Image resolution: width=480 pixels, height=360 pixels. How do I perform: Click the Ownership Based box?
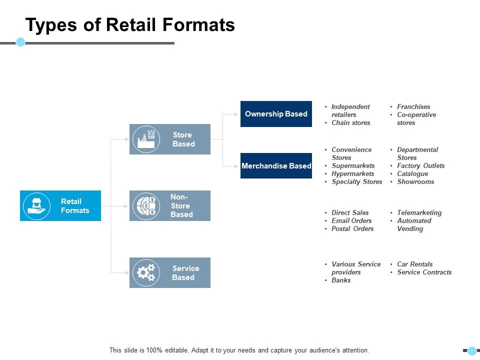[x=276, y=114]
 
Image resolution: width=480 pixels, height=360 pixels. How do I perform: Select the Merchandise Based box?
[x=276, y=166]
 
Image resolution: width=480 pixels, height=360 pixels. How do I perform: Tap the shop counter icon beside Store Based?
[x=146, y=139]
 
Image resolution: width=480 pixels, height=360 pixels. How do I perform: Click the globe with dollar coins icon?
[x=146, y=206]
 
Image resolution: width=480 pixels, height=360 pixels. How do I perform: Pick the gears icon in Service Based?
[x=146, y=272]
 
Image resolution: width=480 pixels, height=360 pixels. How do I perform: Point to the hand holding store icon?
[x=37, y=206]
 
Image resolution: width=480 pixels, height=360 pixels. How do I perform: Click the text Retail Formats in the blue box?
[x=75, y=206]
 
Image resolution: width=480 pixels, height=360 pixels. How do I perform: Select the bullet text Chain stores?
[x=350, y=123]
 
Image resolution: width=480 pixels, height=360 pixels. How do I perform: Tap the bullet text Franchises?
[x=413, y=107]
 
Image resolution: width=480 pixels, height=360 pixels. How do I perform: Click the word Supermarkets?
[x=353, y=166]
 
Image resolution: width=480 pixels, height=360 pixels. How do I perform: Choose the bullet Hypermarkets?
[x=352, y=174]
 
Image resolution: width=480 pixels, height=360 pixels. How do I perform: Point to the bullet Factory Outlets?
[x=420, y=166]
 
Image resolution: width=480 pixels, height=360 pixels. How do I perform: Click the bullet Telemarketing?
[x=419, y=213]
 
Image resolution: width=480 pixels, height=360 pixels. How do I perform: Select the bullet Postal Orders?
[x=352, y=229]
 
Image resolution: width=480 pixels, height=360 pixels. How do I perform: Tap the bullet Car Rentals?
[x=414, y=264]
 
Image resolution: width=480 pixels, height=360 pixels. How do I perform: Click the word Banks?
[x=341, y=280]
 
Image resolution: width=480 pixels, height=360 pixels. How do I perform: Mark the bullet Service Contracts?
[x=424, y=272]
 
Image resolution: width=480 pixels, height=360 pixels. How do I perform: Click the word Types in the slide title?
[x=49, y=24]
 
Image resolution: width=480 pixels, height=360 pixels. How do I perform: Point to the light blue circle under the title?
[x=20, y=42]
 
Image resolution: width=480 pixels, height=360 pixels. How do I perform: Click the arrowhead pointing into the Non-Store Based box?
[x=126, y=206]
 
